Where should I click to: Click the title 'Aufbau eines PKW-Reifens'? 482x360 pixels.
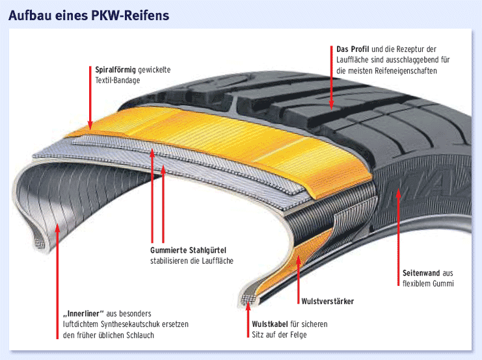click(x=88, y=15)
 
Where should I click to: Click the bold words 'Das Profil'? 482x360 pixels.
click(x=353, y=49)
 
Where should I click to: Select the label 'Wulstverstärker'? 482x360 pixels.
click(x=327, y=301)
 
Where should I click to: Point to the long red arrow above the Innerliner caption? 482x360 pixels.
click(x=57, y=273)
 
